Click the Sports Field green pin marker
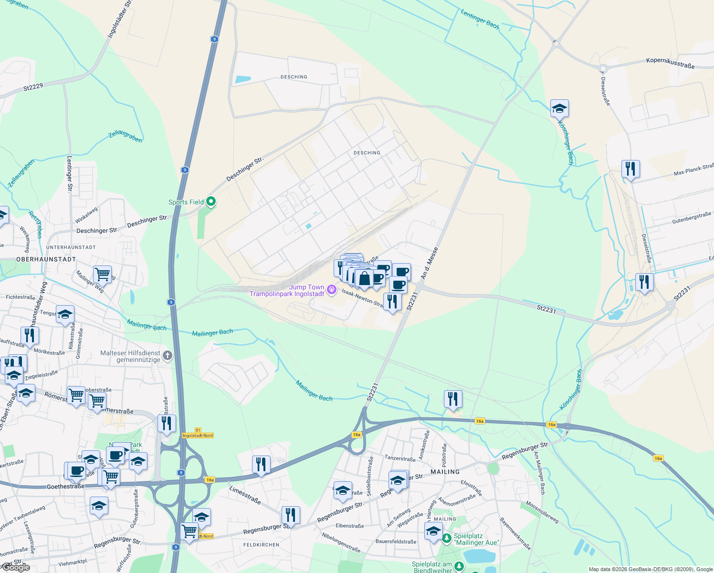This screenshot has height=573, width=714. point(210,202)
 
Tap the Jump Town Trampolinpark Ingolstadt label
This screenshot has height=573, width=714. point(287,290)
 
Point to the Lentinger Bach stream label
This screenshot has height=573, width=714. point(480,20)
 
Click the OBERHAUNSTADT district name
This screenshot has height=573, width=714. point(46,259)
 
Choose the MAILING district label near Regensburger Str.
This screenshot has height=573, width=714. point(445,472)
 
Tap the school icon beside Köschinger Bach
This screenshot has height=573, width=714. point(559,109)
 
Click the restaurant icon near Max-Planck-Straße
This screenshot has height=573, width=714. point(630,169)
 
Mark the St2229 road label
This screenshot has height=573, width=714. point(33,88)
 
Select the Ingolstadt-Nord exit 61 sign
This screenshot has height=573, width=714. point(198,433)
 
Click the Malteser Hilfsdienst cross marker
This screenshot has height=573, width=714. point(167,355)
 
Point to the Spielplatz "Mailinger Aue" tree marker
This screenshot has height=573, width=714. point(446,539)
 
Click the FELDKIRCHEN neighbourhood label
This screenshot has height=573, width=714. point(261,544)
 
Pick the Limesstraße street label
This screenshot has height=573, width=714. point(245,495)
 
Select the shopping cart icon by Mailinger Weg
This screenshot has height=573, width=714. point(102,275)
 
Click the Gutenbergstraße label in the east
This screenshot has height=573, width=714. point(691,218)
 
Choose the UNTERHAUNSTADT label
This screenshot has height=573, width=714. point(71,247)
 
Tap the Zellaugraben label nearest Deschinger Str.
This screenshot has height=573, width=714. point(125,136)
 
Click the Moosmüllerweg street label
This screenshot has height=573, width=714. point(542,512)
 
